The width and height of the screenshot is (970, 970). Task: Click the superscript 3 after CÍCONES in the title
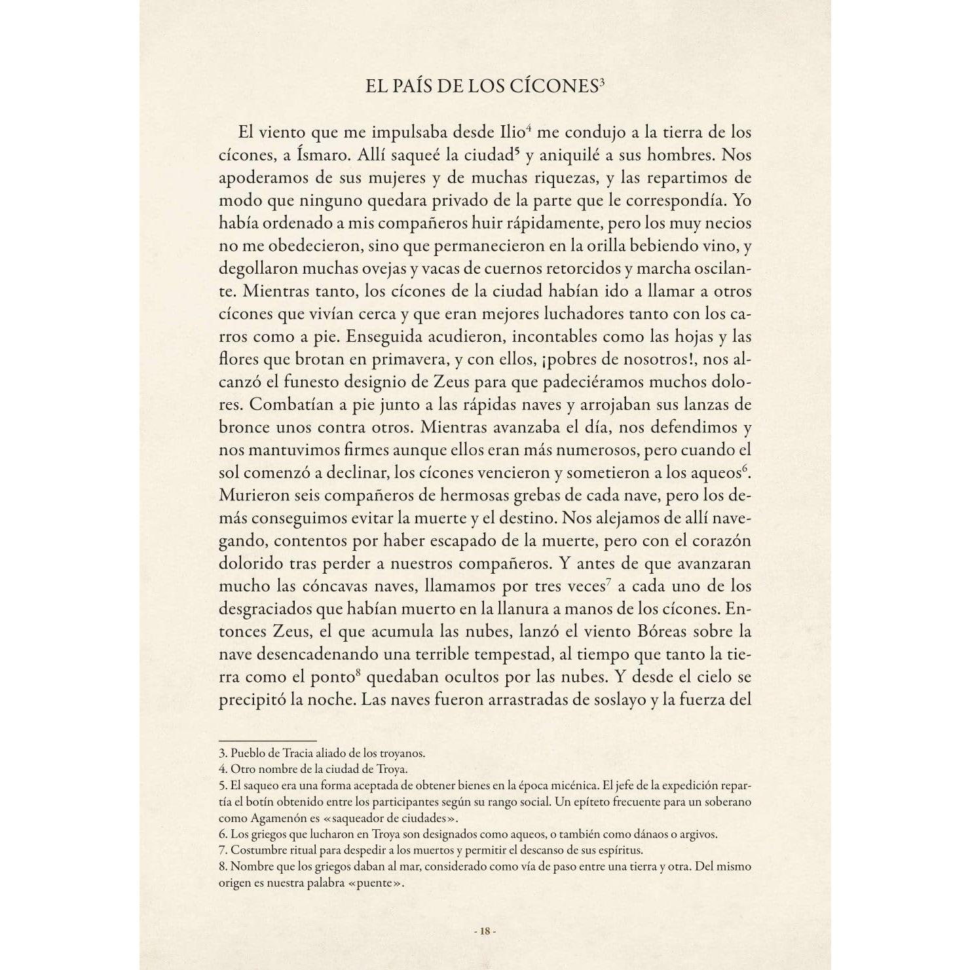tap(600, 82)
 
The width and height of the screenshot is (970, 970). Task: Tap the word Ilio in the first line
tap(512, 132)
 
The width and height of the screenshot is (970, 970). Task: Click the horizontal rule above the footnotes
tap(267, 741)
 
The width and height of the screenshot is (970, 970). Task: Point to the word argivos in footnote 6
tap(699, 834)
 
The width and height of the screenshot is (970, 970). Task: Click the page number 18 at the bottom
tap(485, 931)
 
